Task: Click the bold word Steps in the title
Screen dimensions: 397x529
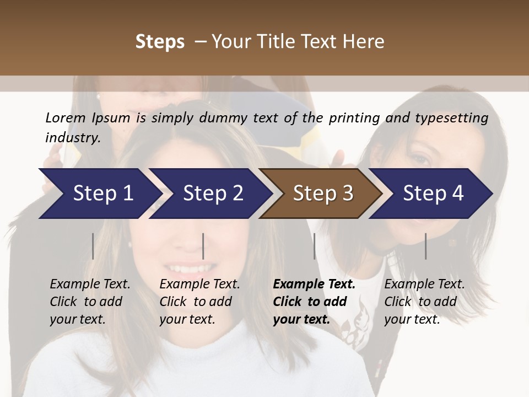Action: [160, 42]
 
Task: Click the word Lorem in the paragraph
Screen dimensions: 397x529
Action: [66, 117]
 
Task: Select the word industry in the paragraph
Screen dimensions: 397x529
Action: [72, 137]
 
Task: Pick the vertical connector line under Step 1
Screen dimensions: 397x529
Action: [93, 246]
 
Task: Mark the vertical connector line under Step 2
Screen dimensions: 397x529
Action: [203, 246]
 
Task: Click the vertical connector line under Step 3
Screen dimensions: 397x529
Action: [314, 246]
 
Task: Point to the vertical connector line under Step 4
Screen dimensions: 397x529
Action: [425, 246]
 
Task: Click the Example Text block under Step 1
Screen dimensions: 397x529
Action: [90, 302]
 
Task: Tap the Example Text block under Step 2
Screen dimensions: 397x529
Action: [199, 302]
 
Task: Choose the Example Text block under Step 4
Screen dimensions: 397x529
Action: [424, 302]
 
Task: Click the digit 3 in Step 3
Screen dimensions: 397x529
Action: [347, 194]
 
